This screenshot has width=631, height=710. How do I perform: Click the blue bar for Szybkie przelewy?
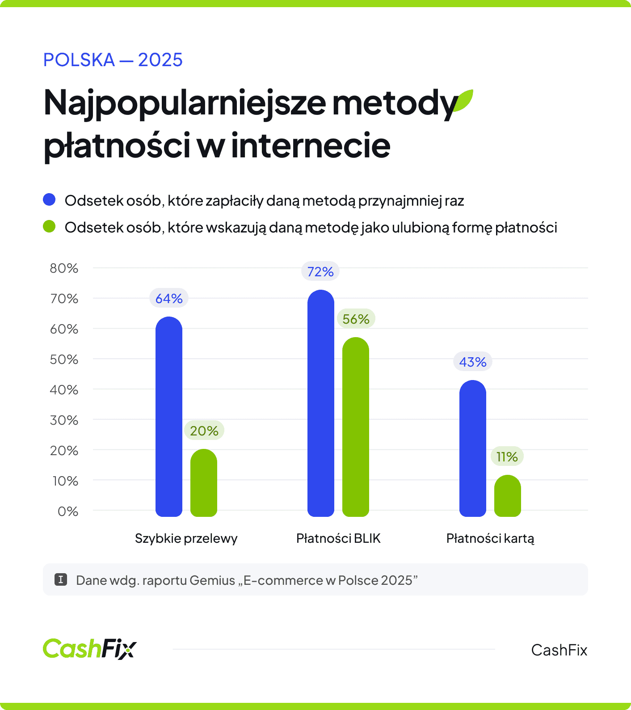coord(169,417)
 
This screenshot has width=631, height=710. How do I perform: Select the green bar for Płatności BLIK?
coord(356,427)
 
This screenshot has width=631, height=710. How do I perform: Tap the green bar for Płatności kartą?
coord(508,495)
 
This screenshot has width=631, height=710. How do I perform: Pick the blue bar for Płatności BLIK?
coord(321,403)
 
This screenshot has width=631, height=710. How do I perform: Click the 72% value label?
coord(320,271)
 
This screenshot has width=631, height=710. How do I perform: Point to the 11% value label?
coord(507,456)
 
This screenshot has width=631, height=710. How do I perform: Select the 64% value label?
coord(169,298)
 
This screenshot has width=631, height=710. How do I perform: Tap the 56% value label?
coord(356,319)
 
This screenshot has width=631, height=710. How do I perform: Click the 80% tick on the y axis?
coord(64,268)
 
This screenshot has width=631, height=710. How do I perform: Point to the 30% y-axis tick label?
coord(64,420)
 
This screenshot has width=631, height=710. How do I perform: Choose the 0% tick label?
coord(68,511)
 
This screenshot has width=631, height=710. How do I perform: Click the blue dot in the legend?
coord(49,200)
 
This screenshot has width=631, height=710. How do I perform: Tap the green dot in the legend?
coord(49,227)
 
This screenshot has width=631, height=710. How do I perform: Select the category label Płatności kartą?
coord(490,538)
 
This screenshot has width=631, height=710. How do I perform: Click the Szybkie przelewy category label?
coord(186,538)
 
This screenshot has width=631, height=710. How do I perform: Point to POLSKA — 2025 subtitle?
coord(113,60)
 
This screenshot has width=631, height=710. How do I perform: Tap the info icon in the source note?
coord(61,580)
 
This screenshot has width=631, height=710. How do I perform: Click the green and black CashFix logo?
coord(90,649)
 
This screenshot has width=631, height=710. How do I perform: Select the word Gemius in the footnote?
coord(212,580)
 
